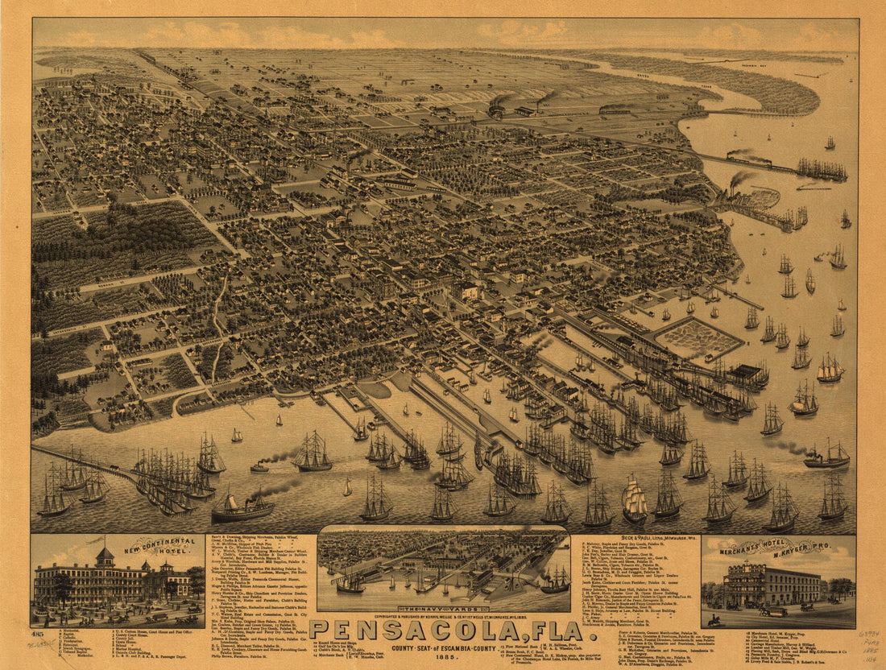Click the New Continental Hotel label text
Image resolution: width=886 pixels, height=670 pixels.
tap(162, 552)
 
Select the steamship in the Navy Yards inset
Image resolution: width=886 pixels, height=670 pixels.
tap(555, 580)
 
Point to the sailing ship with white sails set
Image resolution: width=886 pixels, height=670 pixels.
tap(636, 501)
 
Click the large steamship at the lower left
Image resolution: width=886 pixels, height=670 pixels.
tap(242, 507)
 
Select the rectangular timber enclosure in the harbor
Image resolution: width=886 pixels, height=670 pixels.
tap(698, 338)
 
